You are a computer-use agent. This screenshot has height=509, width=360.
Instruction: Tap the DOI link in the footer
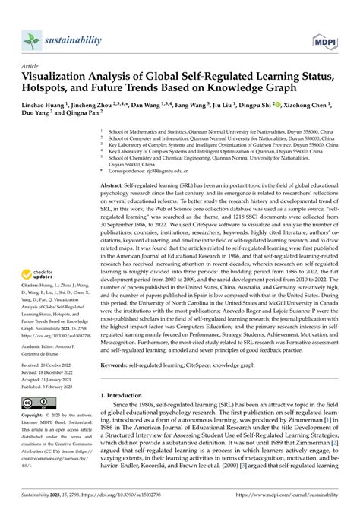[x=118, y=499]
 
